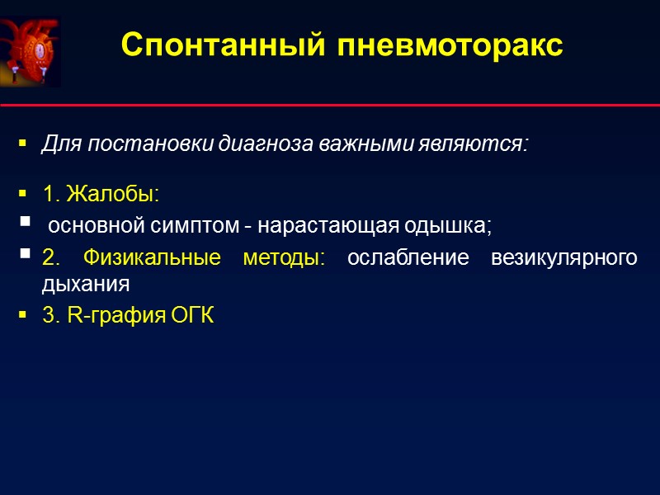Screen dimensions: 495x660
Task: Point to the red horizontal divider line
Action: click(330, 106)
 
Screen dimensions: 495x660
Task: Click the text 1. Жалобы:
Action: click(100, 195)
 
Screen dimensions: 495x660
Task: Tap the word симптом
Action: click(186, 224)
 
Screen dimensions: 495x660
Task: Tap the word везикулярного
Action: click(563, 257)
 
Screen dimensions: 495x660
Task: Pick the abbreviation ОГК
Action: click(191, 316)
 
